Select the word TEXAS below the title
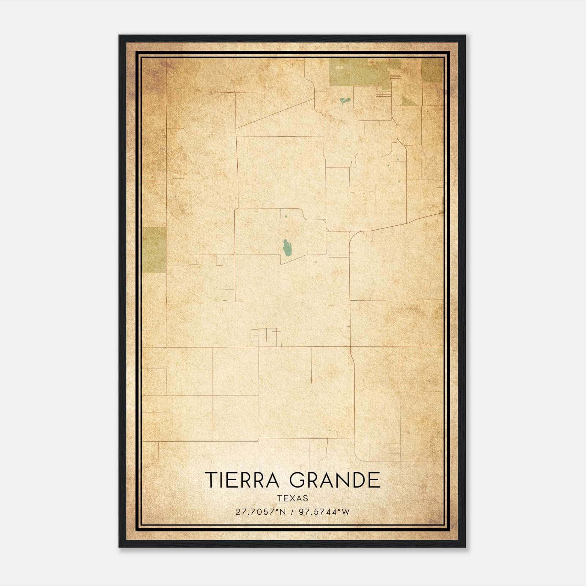(x=293, y=498)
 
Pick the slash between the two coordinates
(x=292, y=512)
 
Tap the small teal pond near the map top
(x=344, y=100)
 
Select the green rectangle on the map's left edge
(x=154, y=250)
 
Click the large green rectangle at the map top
(x=359, y=73)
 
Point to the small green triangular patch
(x=407, y=100)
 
